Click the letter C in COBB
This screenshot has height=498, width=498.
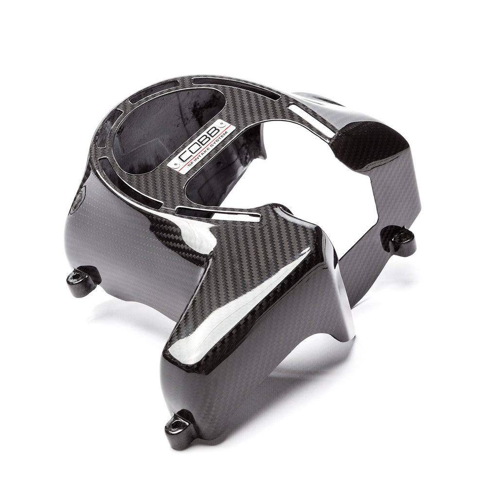pyautogui.click(x=183, y=155)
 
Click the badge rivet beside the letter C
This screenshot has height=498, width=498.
pyautogui.click(x=173, y=165)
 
